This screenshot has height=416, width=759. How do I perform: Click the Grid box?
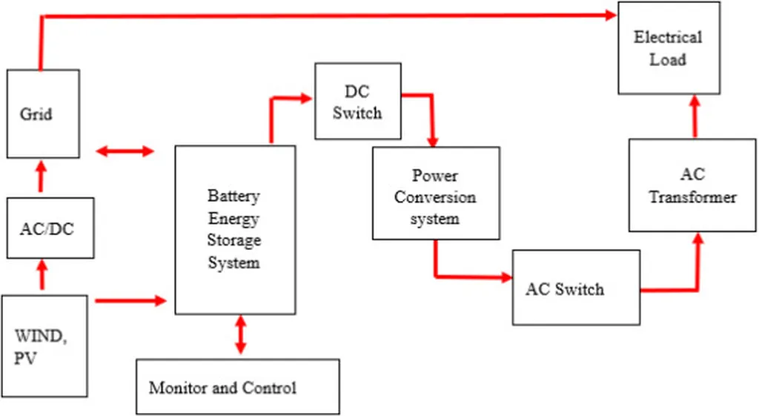coord(43,113)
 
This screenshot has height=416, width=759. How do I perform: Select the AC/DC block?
coord(50,228)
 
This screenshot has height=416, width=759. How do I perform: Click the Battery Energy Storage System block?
coord(234,230)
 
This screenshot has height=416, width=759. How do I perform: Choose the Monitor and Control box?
coord(237,387)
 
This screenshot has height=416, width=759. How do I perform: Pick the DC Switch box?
coord(358,102)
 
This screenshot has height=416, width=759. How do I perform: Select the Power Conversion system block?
coord(435,194)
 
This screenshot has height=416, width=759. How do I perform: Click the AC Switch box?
coord(575,288)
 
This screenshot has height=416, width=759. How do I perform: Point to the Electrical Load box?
coord(669,48)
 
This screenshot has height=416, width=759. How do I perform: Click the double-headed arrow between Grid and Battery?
coord(125,151)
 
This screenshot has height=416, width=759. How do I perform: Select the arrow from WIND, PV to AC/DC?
coord(42,274)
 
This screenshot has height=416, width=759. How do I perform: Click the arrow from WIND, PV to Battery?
coord(130,300)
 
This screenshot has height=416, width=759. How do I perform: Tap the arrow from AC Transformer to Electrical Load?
coord(695,116)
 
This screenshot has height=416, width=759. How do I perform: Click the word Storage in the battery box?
coord(234,240)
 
